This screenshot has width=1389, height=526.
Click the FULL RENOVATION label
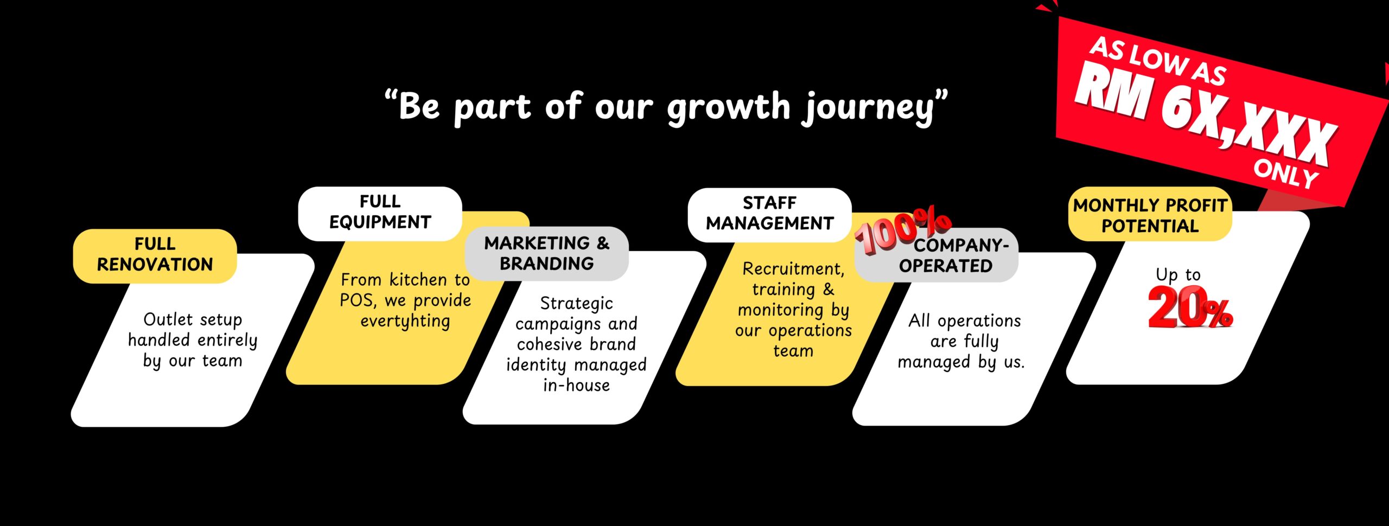tap(155, 254)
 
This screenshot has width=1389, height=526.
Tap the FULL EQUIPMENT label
tap(380, 212)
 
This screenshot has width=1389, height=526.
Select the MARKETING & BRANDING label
tap(546, 253)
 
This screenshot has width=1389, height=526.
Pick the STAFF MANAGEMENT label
tap(769, 213)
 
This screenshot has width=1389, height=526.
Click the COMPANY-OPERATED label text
tap(953, 255)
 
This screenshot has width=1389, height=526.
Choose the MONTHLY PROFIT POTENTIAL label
tap(1150, 215)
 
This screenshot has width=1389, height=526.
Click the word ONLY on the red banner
tap(1286, 174)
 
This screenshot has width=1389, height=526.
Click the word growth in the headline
tap(728, 108)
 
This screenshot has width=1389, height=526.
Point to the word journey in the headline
tap(868, 108)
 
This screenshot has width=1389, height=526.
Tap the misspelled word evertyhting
tap(405, 321)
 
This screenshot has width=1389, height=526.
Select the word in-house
tap(577, 385)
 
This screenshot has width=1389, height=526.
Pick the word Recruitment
tap(793, 269)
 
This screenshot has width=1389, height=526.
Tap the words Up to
tap(1178, 275)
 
